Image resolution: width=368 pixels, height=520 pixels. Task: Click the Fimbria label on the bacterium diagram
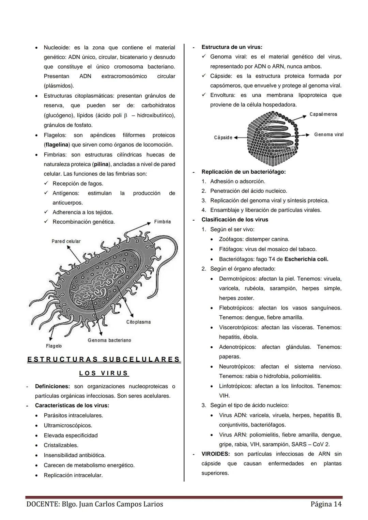pos(162,222)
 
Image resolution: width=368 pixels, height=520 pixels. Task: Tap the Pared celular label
pos(66,241)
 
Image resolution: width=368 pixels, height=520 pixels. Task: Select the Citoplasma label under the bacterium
pos(138,322)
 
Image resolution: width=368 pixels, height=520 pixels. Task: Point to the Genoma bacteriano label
pos(109,340)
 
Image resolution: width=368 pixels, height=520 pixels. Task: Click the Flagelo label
pos(54,346)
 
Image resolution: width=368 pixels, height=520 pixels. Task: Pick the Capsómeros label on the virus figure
pos(323,114)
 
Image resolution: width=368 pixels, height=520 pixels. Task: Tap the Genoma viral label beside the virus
pos(328,135)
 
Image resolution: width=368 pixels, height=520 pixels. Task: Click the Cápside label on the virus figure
pos(223,137)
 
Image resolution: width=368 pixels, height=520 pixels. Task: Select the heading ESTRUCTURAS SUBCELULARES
pos(104,359)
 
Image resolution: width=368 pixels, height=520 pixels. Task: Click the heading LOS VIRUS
pos(104,373)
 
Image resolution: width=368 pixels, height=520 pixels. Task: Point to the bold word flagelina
pos(57,145)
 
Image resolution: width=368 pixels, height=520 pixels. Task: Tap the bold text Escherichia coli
pos(306,259)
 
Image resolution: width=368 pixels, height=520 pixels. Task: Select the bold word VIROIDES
pos(215,454)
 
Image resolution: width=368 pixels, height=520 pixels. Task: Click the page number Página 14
pos(326,504)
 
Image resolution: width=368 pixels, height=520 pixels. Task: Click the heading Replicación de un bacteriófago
pos(243,172)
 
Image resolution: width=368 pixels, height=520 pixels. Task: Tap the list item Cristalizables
pos(61,445)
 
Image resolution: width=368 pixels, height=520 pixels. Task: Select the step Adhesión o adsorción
pos(237,181)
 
